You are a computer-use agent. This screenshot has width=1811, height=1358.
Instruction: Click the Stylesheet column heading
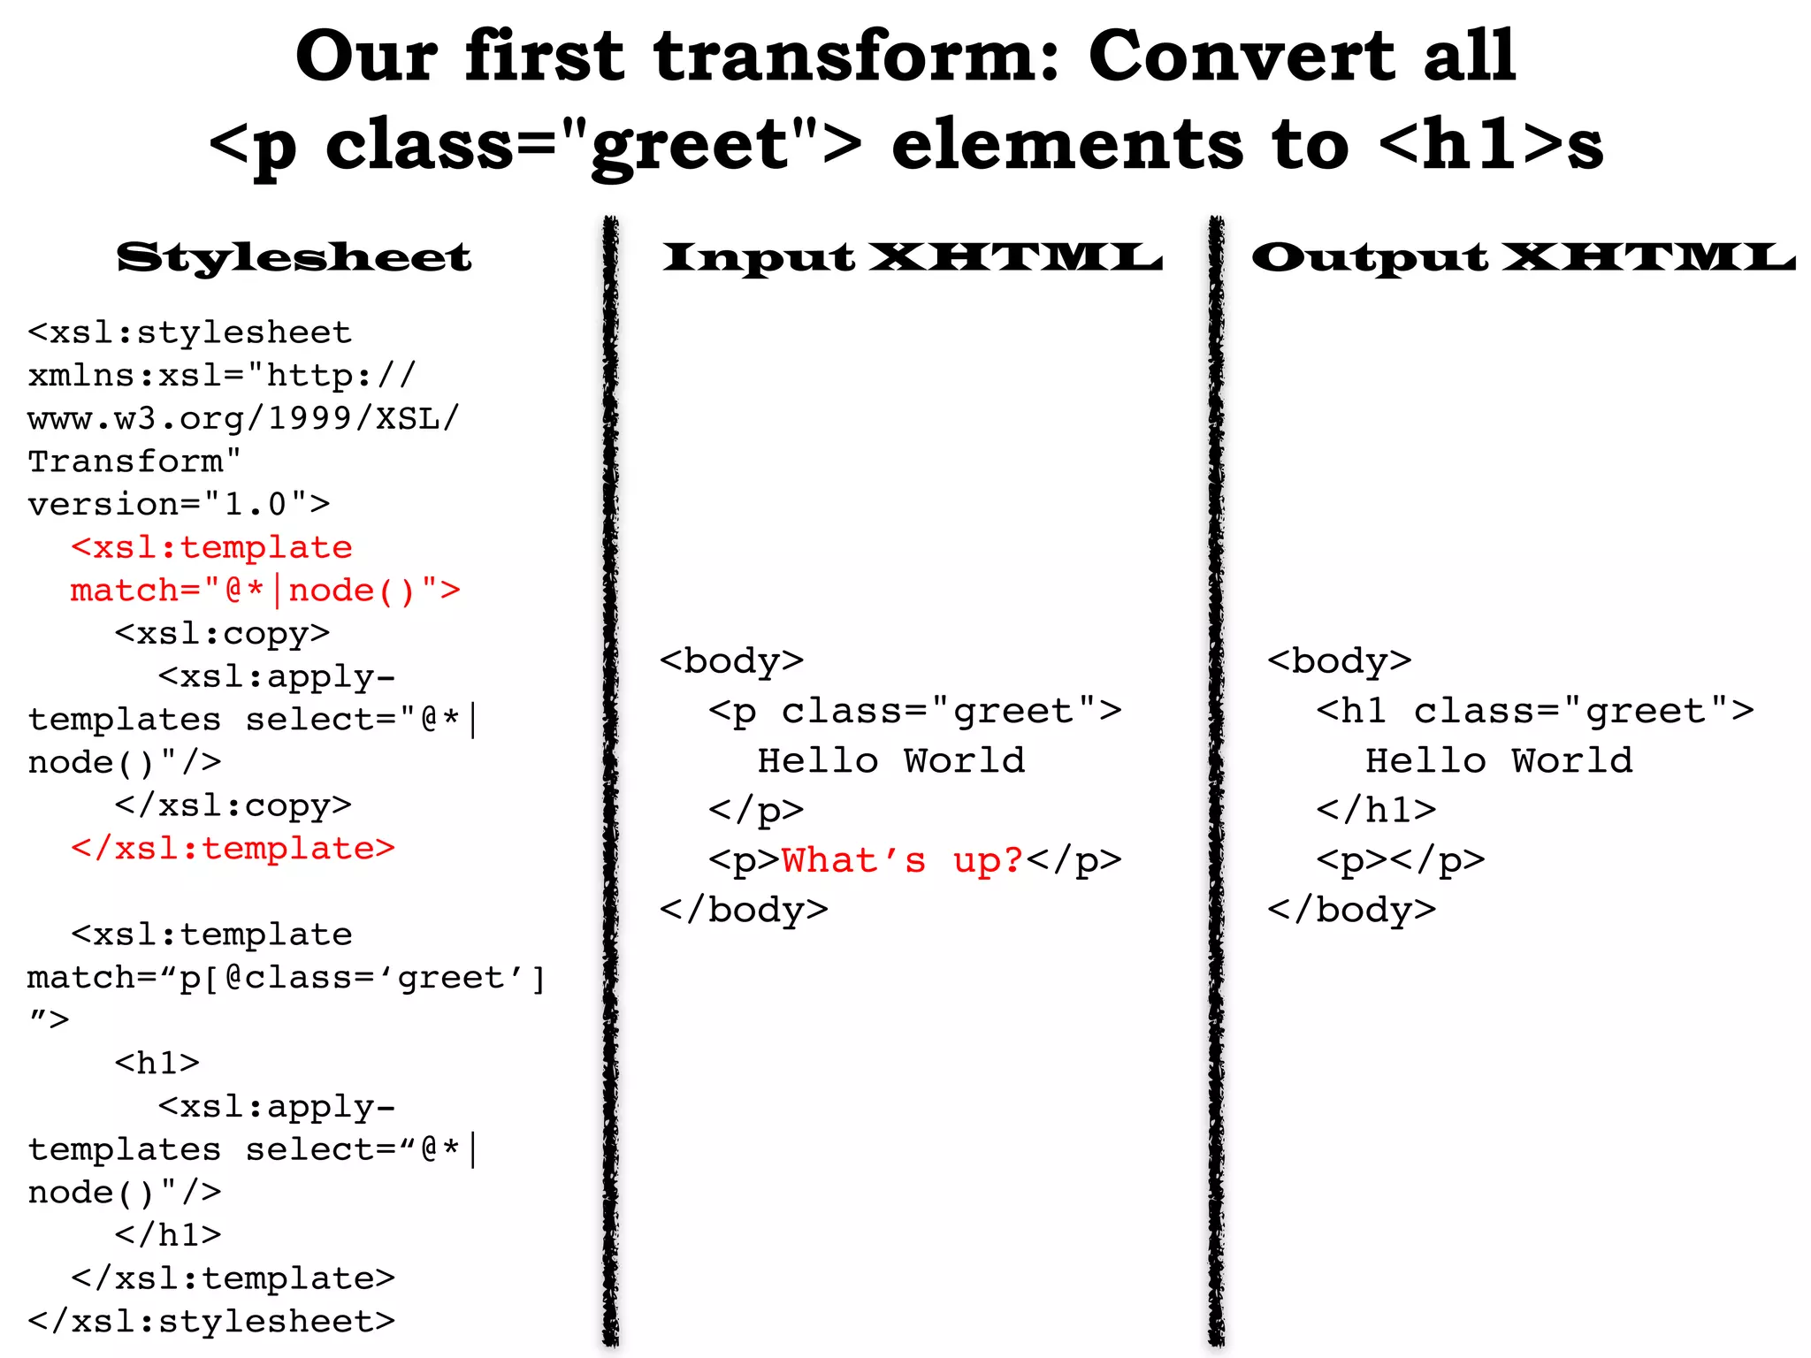click(294, 257)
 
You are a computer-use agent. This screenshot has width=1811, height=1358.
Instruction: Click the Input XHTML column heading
click(912, 257)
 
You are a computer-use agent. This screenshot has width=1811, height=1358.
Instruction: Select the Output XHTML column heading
click(1523, 257)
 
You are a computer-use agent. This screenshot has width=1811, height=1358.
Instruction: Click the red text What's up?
click(902, 860)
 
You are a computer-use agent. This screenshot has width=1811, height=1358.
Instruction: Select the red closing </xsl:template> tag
click(233, 849)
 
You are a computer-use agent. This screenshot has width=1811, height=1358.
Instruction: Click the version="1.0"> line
click(179, 505)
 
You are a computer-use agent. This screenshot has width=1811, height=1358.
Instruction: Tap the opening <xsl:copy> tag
click(222, 634)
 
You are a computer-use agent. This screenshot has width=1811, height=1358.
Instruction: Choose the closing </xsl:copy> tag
click(233, 805)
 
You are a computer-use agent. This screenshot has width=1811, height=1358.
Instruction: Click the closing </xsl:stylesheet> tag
click(211, 1322)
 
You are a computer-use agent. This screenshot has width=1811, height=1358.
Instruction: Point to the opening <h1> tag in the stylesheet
click(157, 1063)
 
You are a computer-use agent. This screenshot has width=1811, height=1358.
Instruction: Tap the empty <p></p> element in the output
click(1400, 860)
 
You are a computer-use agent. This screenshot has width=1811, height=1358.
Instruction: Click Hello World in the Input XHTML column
click(891, 761)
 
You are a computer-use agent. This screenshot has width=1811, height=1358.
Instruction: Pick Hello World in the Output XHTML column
click(1499, 761)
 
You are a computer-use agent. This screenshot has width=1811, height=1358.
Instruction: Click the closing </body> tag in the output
click(1351, 910)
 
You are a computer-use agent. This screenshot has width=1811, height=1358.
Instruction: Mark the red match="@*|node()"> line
click(265, 591)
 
